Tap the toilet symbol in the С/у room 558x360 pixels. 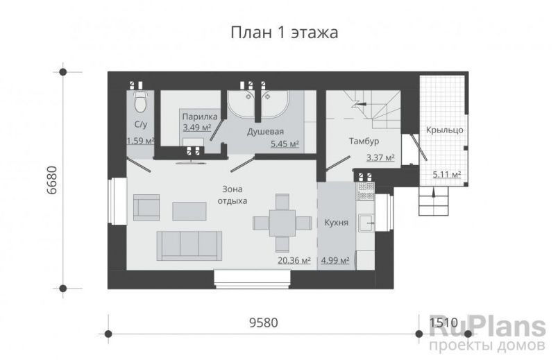tap(139, 101)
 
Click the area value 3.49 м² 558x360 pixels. tap(197, 128)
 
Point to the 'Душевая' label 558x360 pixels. tap(265, 131)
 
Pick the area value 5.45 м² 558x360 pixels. tap(284, 144)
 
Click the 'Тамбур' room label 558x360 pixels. tap(363, 142)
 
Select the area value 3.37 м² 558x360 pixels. tap(380, 157)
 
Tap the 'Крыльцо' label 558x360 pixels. tap(446, 130)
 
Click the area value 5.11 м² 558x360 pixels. tap(447, 175)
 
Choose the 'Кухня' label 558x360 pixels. tap(337, 223)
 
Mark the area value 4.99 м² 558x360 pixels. tap(335, 262)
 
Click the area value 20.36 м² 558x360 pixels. tap(294, 262)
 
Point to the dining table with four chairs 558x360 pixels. tap(282, 223)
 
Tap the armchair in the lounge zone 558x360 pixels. tap(146, 207)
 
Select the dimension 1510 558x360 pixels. tap(444, 323)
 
